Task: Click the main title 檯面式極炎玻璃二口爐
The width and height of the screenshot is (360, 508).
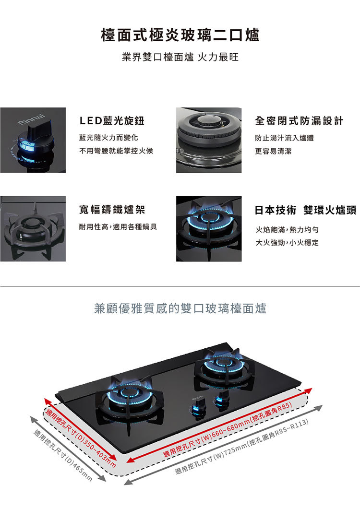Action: tap(180, 35)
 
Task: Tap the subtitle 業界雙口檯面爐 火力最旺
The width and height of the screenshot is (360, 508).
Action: tap(180, 58)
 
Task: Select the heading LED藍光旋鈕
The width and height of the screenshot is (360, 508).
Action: tap(112, 121)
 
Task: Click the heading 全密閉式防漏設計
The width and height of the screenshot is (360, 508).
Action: tap(299, 121)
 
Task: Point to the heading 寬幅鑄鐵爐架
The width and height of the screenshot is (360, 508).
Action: tap(111, 210)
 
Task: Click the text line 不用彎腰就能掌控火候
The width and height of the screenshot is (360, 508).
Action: tap(116, 151)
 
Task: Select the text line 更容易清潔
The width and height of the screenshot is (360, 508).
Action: tap(273, 151)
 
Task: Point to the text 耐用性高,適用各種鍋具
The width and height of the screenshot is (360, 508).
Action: tap(118, 226)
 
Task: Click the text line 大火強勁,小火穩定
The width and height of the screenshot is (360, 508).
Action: tap(287, 243)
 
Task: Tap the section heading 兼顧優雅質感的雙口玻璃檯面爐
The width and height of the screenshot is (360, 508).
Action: tap(180, 308)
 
